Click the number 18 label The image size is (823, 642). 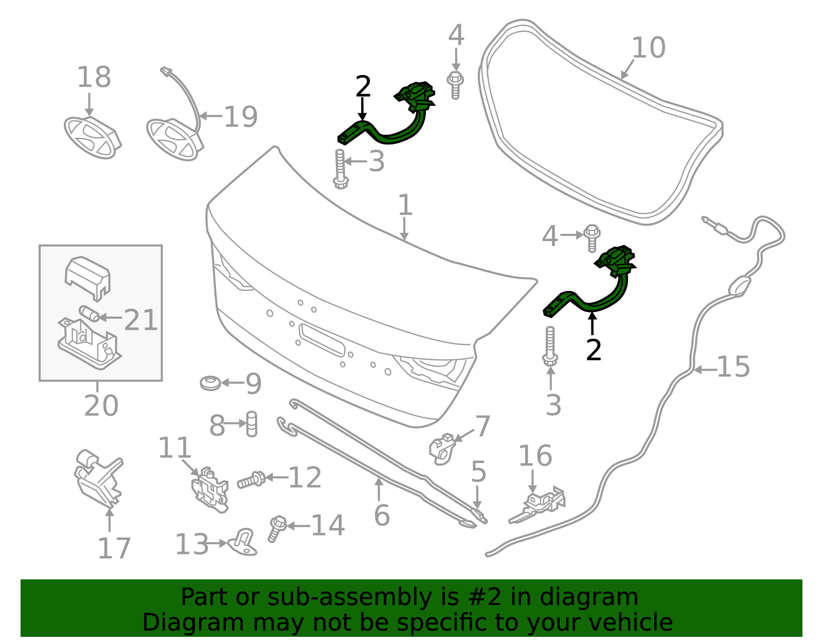94,78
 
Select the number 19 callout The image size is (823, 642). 240,117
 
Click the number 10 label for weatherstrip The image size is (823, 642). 648,48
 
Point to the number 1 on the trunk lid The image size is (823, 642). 405,205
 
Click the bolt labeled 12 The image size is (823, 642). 252,481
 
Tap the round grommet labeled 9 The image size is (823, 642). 210,383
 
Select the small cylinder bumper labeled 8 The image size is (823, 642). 252,424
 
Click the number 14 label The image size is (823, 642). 328,525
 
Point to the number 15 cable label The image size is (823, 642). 733,367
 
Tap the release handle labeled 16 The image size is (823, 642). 540,504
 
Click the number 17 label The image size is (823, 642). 114,548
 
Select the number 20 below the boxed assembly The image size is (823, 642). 101,406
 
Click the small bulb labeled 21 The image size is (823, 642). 89,313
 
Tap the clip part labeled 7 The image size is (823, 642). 442,447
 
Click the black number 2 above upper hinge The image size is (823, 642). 363,87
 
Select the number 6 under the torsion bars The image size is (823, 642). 382,516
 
